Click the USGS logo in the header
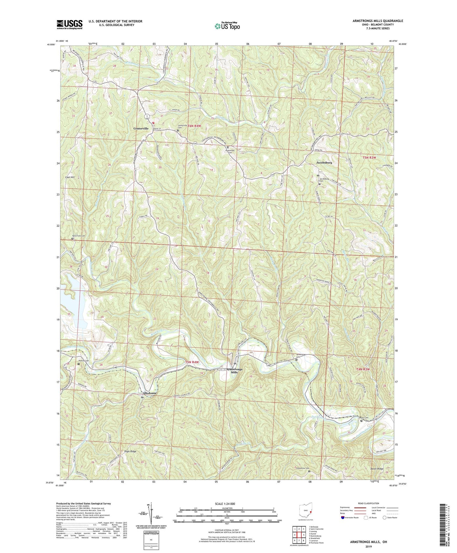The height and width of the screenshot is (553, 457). point(70,24)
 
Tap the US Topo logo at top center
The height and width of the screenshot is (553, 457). point(227,26)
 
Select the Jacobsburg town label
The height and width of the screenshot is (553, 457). point(324,162)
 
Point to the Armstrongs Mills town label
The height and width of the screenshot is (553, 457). point(234,371)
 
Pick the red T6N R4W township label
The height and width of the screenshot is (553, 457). point(195,126)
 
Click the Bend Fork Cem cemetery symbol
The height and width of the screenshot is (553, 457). point(72,239)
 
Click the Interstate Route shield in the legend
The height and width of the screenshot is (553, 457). point(343,518)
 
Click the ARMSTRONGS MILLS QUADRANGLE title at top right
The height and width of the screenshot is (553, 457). point(378,21)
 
